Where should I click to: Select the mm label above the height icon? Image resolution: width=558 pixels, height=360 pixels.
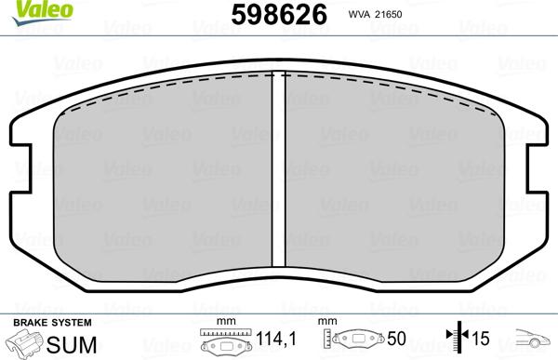[326, 321]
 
